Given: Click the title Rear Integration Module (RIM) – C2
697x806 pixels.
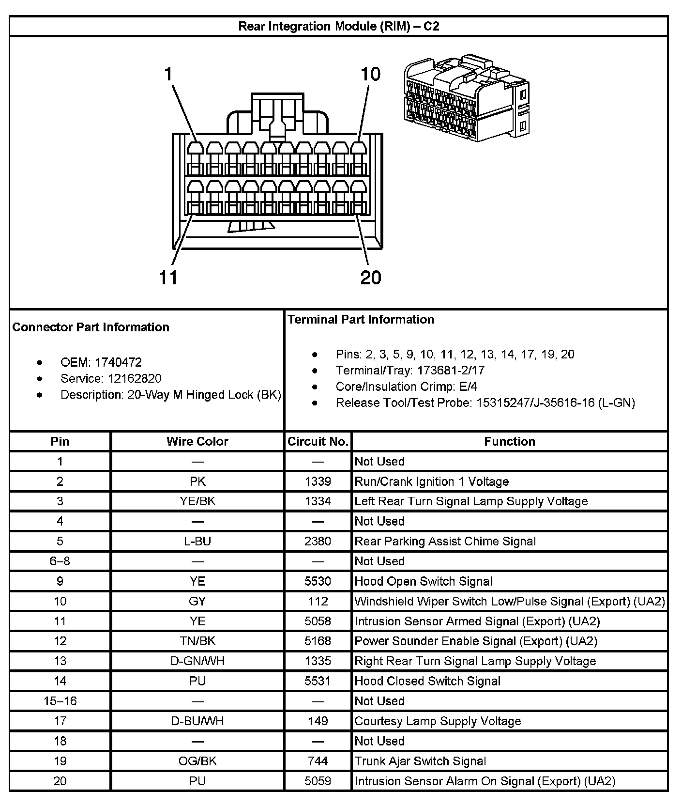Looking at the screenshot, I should click(338, 26).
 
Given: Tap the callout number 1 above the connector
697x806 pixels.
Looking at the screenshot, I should click(168, 74).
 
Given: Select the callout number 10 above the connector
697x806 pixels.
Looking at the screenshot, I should click(370, 74).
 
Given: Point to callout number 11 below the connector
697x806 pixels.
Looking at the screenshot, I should click(168, 278).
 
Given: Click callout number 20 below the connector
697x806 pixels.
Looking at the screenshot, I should click(371, 278).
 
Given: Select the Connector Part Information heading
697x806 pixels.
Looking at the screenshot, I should click(91, 327).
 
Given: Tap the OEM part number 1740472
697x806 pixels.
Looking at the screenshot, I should click(118, 362).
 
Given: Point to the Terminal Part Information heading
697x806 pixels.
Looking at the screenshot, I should click(361, 319).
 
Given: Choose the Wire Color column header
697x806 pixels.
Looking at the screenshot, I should click(197, 441).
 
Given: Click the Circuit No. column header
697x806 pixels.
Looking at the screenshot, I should click(318, 441).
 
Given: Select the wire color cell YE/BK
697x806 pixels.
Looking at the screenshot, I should click(197, 501).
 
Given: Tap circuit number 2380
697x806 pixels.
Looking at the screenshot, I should click(318, 541).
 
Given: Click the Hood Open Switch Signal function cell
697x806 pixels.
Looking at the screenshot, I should click(423, 581).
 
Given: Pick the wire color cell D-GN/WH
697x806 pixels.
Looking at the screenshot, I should click(197, 661).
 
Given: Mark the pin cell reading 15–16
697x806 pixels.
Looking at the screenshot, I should click(60, 701).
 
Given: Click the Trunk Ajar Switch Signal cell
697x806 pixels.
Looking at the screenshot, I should click(420, 761).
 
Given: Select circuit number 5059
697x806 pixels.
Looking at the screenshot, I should click(318, 781).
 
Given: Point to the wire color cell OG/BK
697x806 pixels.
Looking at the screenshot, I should click(197, 761).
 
